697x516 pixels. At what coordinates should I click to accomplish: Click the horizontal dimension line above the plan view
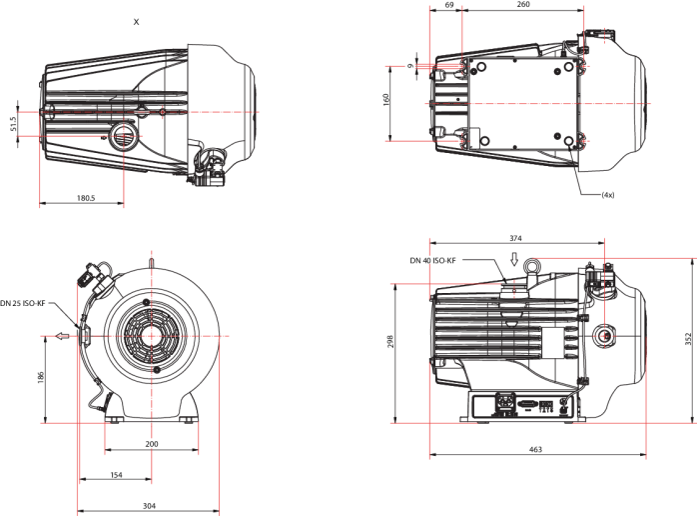506,11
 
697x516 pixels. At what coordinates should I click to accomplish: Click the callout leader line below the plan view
589,191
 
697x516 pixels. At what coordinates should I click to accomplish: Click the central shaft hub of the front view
152,336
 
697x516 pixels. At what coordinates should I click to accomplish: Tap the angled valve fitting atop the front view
96,273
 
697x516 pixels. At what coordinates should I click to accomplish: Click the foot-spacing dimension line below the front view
152,450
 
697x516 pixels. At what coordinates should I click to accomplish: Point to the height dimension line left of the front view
46,379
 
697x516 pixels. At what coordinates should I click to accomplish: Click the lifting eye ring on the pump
532,264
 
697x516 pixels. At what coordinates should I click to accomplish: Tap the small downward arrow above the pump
514,259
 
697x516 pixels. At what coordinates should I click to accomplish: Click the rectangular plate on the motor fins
552,342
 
